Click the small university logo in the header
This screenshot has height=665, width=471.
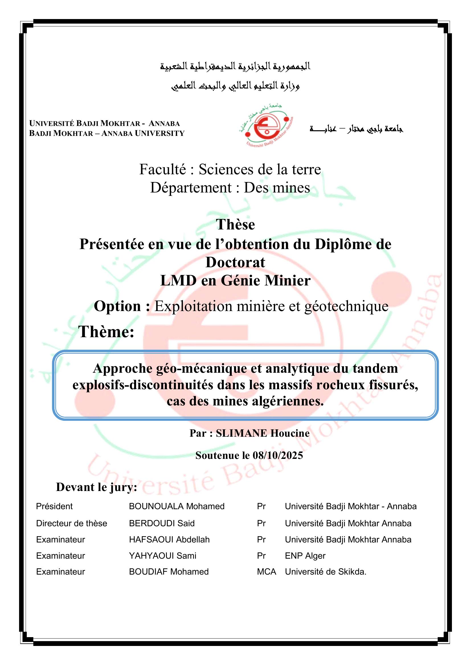tap(266, 126)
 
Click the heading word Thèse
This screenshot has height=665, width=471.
tap(235, 225)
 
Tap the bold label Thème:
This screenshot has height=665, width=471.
tap(107, 332)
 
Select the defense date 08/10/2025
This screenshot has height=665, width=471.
tap(278, 455)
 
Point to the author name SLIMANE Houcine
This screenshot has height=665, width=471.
tap(263, 433)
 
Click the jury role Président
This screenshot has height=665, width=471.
tap(54, 506)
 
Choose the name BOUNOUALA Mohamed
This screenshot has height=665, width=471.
tap(177, 506)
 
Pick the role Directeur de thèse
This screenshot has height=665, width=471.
tap(72, 523)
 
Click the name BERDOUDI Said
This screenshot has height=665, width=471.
tap(161, 523)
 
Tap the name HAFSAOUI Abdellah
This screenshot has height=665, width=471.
tap(169, 540)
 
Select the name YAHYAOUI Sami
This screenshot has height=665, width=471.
tap(162, 556)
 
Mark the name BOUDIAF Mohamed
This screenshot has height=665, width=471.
tap(169, 572)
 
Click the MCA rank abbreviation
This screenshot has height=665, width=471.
tap(266, 572)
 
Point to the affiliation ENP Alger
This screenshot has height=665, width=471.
tap(305, 556)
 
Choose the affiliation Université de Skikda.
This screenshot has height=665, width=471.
tap(325, 572)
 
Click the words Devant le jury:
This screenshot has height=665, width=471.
tap(96, 487)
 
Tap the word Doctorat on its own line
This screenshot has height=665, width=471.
tap(235, 262)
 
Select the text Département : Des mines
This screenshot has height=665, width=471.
tap(230, 188)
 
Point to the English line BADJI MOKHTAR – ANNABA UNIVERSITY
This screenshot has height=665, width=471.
tap(107, 133)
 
